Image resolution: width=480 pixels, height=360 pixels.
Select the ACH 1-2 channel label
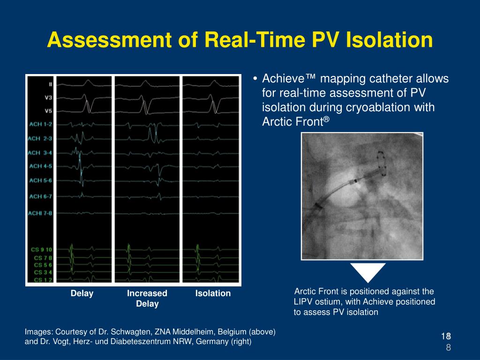tap(41, 124)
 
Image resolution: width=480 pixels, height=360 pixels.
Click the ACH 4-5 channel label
tap(41, 166)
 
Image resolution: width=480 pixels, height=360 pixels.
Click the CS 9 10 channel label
tap(43, 249)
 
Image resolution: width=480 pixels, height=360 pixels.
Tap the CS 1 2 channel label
tap(43, 280)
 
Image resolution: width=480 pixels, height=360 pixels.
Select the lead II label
tap(50, 84)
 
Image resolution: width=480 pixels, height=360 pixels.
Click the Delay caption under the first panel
tap(82, 293)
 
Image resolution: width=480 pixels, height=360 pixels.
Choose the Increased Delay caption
tap(147, 299)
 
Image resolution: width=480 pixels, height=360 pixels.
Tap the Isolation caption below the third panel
tap(213, 293)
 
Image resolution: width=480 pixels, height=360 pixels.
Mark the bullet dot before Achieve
tap(254, 79)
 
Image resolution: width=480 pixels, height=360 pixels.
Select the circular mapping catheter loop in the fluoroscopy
tap(382, 164)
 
